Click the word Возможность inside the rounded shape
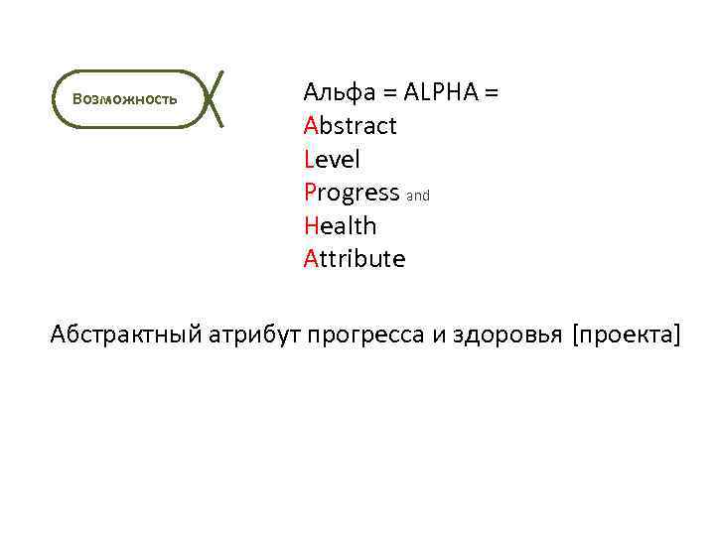tap(125, 99)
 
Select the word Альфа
tap(339, 93)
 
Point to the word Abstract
tap(351, 126)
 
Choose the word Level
tap(333, 160)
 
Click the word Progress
tap(352, 193)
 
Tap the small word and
tap(418, 197)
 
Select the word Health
tap(341, 226)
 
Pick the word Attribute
tap(355, 260)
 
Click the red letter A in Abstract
tap(311, 126)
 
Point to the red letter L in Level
tap(309, 160)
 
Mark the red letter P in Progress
tap(310, 193)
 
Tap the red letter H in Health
tap(311, 226)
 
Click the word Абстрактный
tap(126, 336)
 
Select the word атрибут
tap(254, 336)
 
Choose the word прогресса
tap(365, 336)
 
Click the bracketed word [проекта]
tap(626, 336)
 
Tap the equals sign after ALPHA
tap(491, 93)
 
